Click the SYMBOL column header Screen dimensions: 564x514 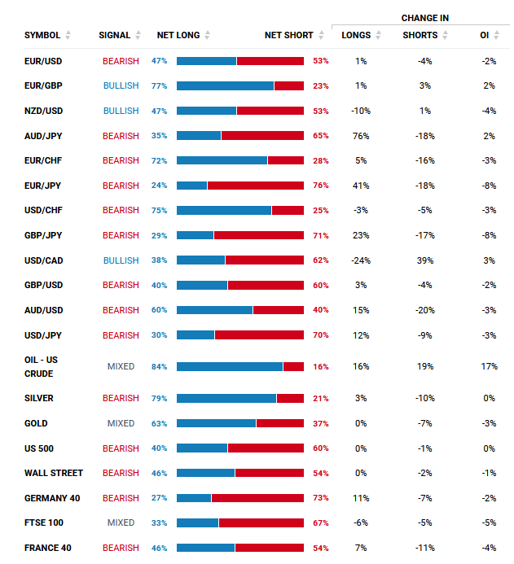tap(42, 35)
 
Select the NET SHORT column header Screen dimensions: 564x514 tap(289, 35)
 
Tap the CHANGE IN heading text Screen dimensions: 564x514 tap(424, 18)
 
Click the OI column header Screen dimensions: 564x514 tap(485, 35)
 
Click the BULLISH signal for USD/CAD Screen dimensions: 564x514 tap(121, 260)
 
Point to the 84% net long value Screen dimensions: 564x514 tap(159, 367)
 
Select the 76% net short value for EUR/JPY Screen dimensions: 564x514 tap(321, 186)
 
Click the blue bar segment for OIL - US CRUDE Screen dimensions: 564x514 tap(229, 367)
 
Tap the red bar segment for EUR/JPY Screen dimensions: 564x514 tap(256, 186)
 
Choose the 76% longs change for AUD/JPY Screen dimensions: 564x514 tap(361, 136)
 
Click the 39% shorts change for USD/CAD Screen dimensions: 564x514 tap(424, 260)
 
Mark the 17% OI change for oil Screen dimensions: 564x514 tap(489, 367)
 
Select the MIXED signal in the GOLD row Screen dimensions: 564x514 tap(121, 423)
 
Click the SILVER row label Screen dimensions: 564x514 tap(37, 398)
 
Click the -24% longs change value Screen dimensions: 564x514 tap(361, 260)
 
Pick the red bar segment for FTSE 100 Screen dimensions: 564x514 tap(261, 522)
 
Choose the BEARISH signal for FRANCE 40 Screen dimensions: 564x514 tap(121, 548)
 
